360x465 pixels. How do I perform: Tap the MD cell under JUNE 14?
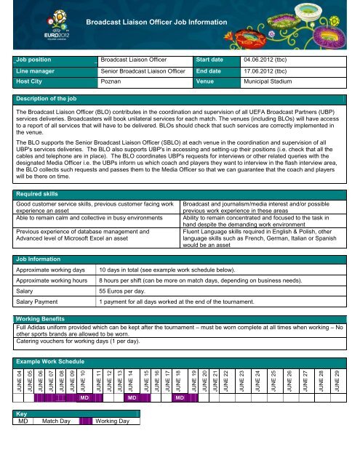[x=132, y=398]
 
